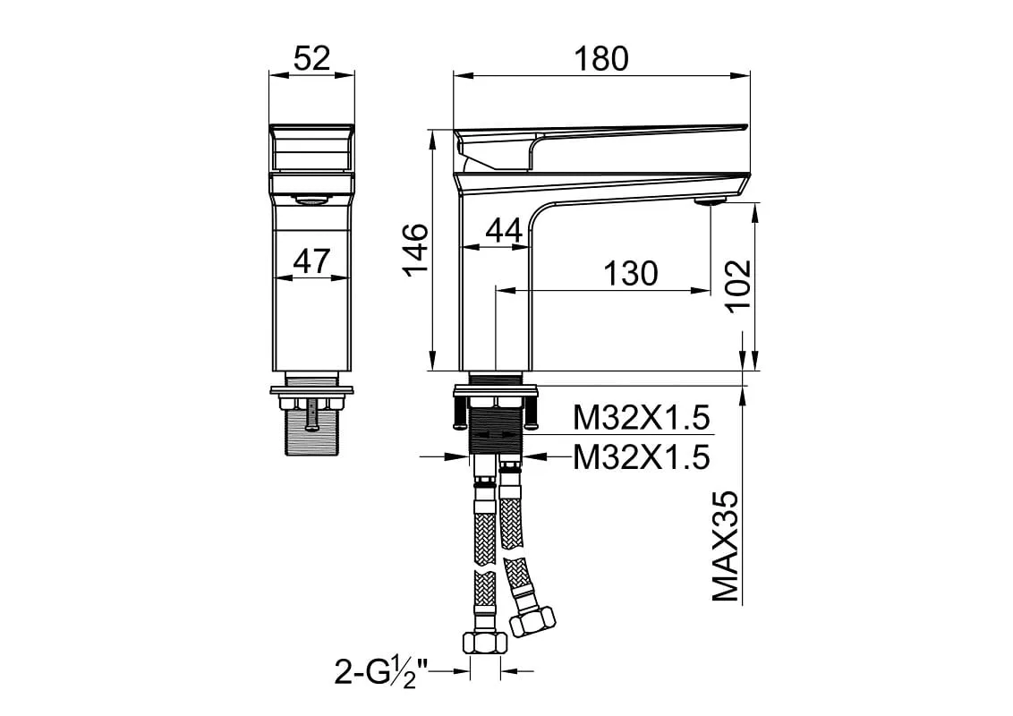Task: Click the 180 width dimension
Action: click(x=600, y=58)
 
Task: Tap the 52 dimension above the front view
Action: click(x=312, y=58)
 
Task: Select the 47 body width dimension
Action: click(x=312, y=261)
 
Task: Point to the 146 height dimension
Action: click(x=416, y=249)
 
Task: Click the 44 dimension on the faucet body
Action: click(x=504, y=231)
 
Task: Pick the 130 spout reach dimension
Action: click(x=631, y=273)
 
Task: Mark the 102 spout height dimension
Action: click(x=737, y=286)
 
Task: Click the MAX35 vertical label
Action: click(x=725, y=546)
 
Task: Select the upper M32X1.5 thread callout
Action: click(x=642, y=418)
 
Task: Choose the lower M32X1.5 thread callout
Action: click(x=642, y=456)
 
